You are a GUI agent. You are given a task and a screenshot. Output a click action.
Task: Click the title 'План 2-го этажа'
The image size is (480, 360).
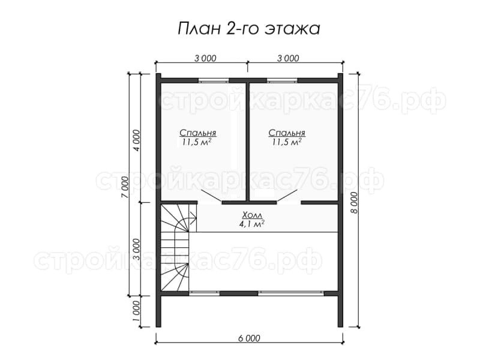[249, 29]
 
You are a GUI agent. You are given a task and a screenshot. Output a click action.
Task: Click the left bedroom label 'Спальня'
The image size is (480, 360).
[198, 133]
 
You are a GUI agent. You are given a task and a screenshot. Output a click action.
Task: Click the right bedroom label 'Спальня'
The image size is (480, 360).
[287, 133]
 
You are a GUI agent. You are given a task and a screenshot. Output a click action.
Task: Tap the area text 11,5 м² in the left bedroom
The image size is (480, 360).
[197, 142]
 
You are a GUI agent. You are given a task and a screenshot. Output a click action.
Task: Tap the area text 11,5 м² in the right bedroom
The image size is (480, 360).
[287, 142]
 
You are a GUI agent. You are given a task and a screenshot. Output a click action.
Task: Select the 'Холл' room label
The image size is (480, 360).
[252, 215]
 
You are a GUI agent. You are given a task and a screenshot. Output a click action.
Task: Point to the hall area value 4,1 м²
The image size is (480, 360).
[252, 224]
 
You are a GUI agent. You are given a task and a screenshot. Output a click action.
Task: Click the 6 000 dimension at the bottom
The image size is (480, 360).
[249, 338]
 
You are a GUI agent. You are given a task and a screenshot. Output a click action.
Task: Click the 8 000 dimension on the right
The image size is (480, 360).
[355, 203]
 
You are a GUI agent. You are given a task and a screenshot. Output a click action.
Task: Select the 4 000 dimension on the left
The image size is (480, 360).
[137, 140]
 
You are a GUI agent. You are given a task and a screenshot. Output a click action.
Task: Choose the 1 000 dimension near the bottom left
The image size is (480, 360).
[137, 311]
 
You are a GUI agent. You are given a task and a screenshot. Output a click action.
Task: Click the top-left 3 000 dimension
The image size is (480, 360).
[205, 58]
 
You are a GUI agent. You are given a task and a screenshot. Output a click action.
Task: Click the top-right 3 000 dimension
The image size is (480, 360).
[288, 58]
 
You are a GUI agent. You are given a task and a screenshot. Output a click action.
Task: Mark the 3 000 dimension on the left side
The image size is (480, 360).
[137, 249]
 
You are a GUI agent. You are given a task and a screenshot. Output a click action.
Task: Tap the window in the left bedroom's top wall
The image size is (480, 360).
[214, 81]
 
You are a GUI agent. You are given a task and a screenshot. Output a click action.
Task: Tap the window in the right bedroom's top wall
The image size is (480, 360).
[283, 81]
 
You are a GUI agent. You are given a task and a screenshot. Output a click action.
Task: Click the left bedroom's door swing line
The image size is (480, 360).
[212, 196]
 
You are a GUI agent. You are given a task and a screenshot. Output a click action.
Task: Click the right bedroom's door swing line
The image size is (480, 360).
[287, 196]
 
